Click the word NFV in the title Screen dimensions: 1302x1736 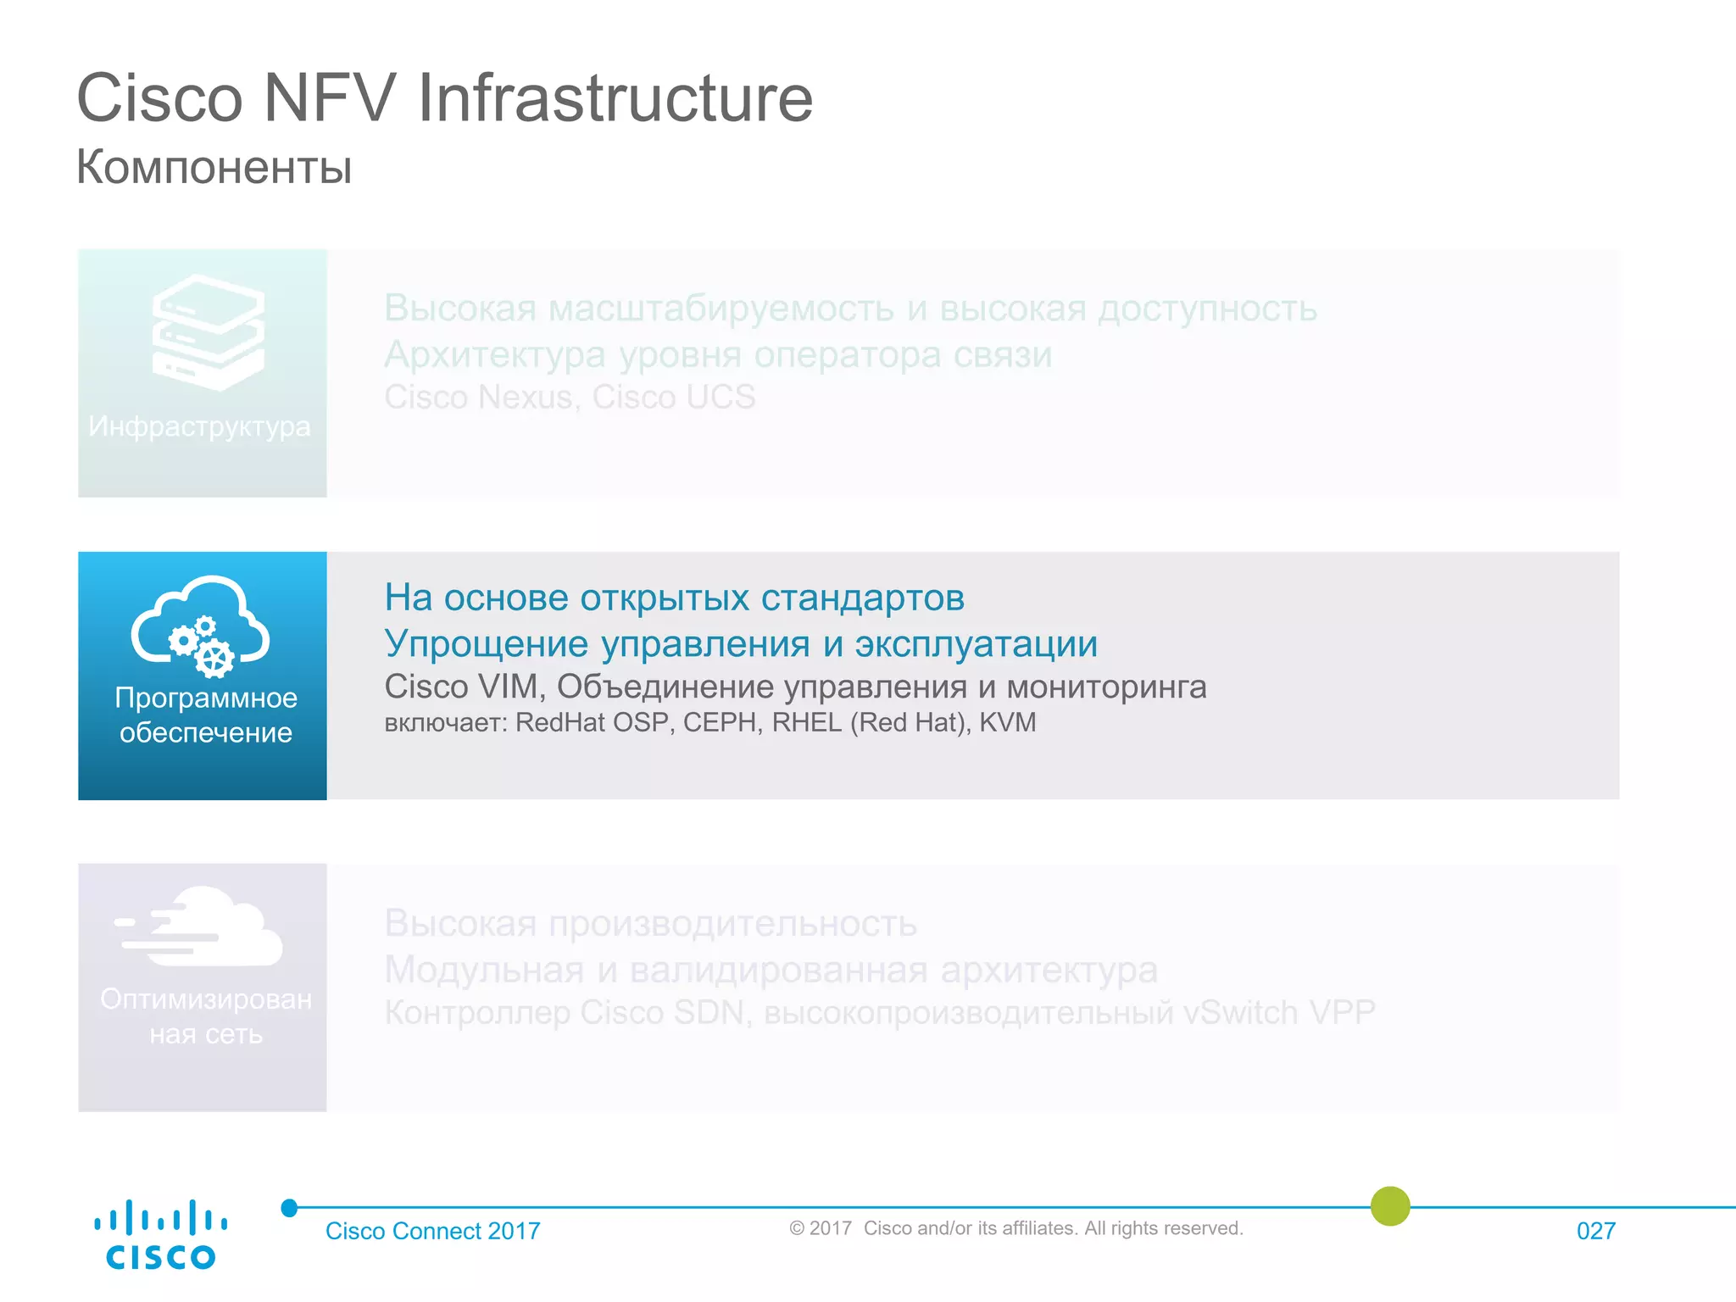pos(330,97)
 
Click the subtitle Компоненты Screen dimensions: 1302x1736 pos(214,166)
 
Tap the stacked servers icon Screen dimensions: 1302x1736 pos(209,332)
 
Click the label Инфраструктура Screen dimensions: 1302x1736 pos(200,426)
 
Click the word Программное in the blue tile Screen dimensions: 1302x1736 pos(206,698)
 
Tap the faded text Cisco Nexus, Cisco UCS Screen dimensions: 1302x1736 pos(570,397)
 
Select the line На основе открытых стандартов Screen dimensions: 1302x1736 pos(674,598)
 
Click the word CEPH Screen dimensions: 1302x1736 pos(720,722)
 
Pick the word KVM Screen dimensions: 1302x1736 pos(1008,722)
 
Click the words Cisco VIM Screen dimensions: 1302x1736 pos(462,686)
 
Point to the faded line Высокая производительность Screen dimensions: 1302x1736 pos(650,923)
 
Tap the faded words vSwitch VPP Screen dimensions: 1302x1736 pos(1279,1012)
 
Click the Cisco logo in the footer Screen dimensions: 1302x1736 pos(160,1235)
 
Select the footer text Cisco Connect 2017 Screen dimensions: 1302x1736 pos(432,1231)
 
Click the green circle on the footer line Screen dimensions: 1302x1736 pos(1390,1206)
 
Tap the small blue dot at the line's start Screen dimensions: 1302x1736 pos(290,1208)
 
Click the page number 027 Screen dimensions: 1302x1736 pos(1595,1231)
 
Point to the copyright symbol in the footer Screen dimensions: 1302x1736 pos(797,1228)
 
